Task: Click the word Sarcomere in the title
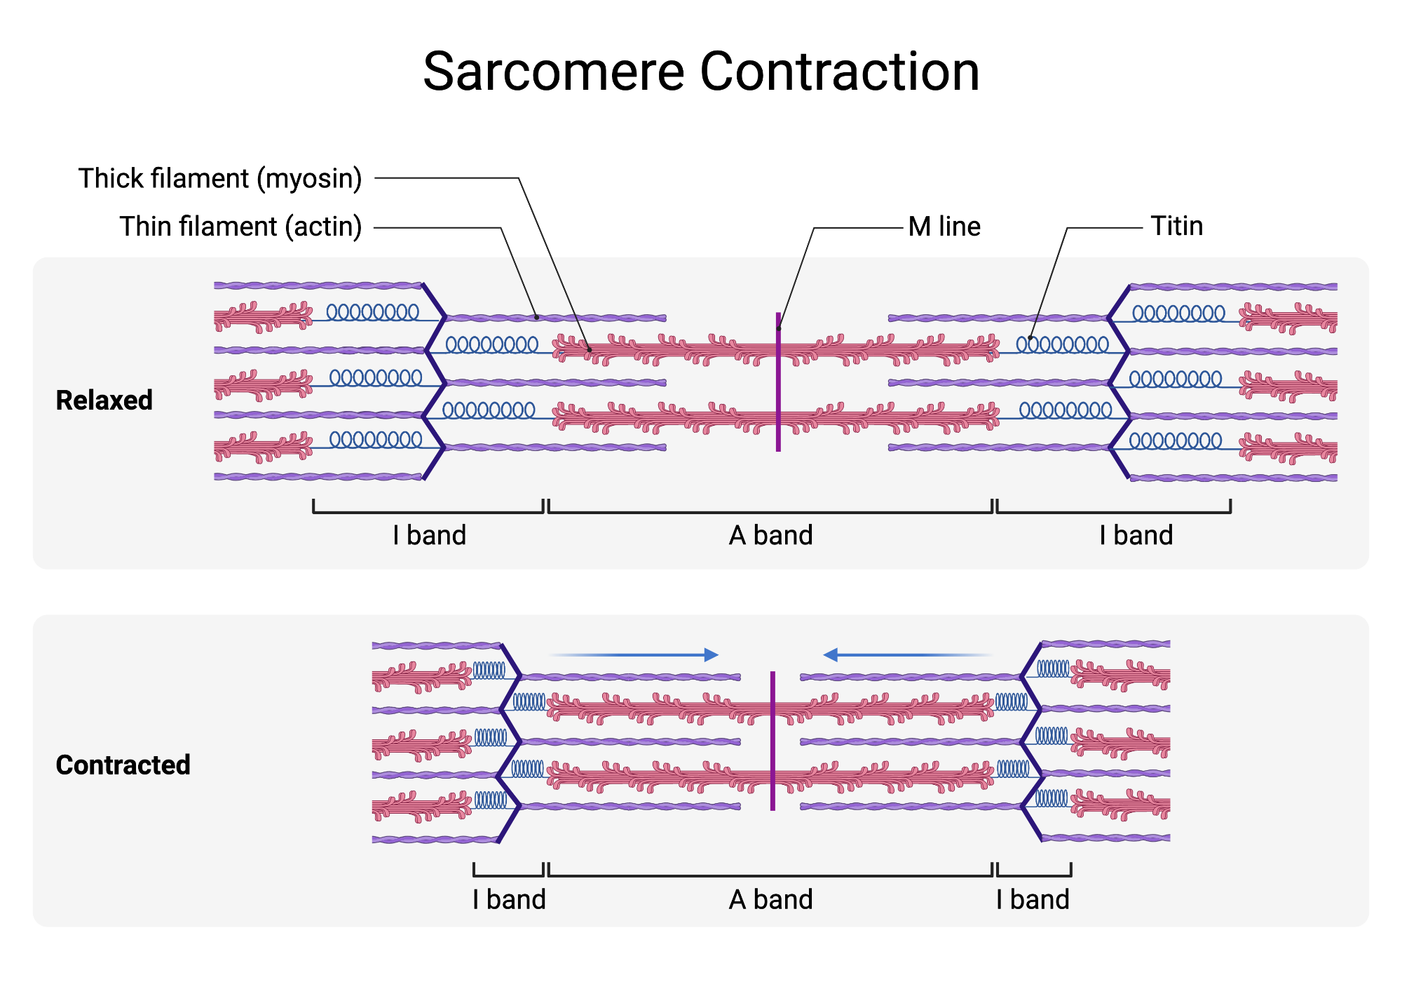(554, 72)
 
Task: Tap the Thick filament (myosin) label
(220, 178)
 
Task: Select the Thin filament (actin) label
(240, 227)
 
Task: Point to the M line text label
(944, 227)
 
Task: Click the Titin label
(1176, 226)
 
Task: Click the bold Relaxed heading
(104, 401)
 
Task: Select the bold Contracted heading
(123, 765)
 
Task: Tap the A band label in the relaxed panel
(770, 535)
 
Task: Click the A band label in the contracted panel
(770, 899)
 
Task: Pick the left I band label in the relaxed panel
(429, 535)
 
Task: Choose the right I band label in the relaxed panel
(1136, 535)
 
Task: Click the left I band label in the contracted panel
(509, 899)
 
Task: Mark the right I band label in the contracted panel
(1033, 899)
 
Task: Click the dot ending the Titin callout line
(1030, 339)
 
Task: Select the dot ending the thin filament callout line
(537, 318)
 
